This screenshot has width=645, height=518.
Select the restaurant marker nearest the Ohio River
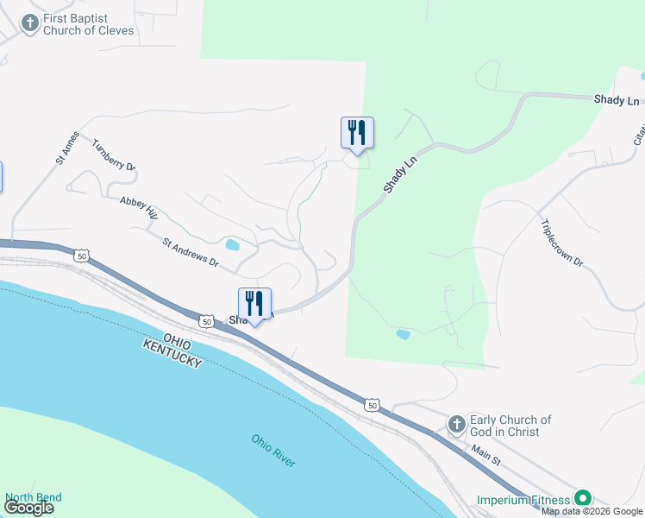point(254,304)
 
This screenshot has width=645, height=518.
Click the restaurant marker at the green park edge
point(357,133)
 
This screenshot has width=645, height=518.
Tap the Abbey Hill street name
point(139,207)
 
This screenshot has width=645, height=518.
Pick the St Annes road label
point(66,148)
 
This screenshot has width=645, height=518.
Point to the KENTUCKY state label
point(174,352)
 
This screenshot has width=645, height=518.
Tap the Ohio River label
point(273,451)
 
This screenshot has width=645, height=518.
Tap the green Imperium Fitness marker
point(584,499)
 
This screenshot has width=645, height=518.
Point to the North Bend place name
point(33,497)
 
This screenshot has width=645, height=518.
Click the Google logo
point(28,508)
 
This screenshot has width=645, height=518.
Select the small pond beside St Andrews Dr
point(232,244)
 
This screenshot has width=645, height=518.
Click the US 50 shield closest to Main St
point(371,405)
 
